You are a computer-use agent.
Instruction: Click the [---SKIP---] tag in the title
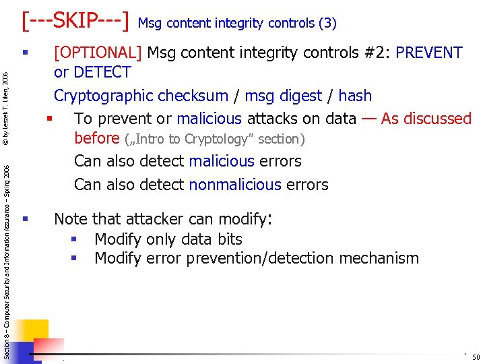(x=75, y=21)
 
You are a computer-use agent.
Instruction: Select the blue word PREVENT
(x=429, y=53)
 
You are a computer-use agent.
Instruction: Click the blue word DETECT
(x=102, y=71)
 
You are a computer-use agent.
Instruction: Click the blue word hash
(x=354, y=96)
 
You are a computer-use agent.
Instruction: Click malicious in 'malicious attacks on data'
(x=209, y=119)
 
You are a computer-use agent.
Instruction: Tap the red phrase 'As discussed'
(x=426, y=119)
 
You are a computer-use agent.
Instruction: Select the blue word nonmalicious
(x=235, y=184)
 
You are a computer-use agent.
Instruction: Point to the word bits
(x=228, y=239)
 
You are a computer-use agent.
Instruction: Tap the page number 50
(x=476, y=357)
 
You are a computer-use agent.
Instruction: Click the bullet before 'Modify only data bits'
(x=75, y=239)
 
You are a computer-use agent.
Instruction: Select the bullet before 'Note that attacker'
(x=25, y=218)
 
